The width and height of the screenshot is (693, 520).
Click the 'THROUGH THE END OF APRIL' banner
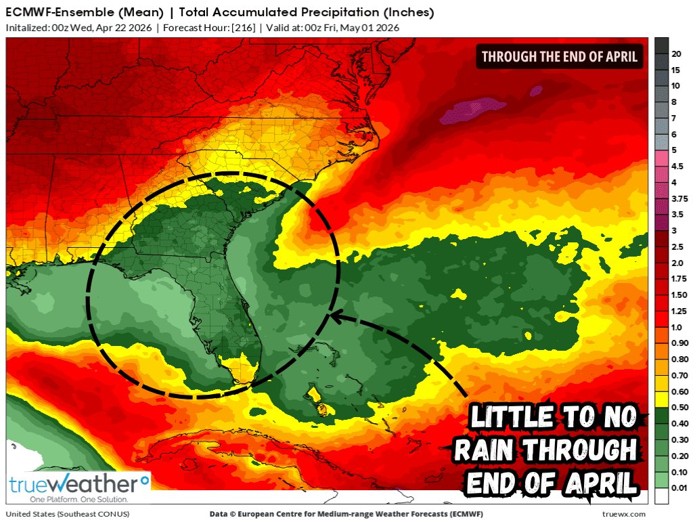[560, 57]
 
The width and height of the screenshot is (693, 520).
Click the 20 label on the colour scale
[675, 53]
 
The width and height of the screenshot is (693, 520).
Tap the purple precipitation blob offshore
[473, 111]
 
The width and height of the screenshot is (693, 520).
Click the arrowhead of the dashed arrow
[333, 316]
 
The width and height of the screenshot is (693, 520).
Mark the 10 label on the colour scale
[675, 86]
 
